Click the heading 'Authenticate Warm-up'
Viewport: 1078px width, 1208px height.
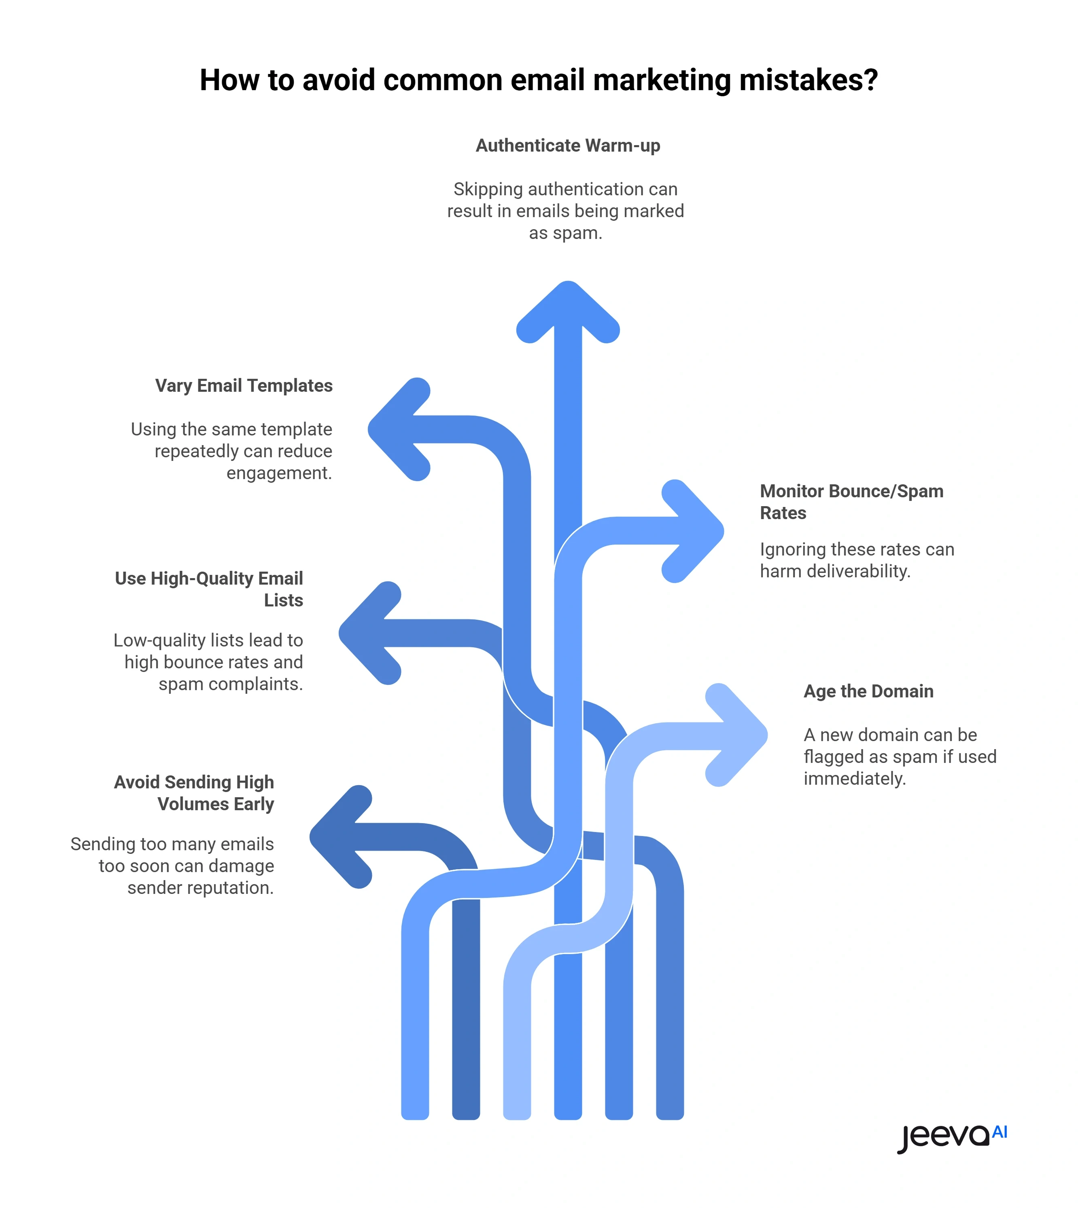click(567, 146)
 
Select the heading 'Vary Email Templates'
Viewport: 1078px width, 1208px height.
click(244, 386)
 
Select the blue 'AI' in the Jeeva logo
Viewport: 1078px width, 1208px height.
click(1000, 1132)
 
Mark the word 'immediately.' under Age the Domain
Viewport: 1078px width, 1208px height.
click(855, 779)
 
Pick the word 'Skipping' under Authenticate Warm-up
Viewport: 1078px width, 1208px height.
click(488, 189)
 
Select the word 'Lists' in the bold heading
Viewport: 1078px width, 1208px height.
click(283, 601)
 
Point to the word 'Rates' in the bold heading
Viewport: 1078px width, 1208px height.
click(783, 513)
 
